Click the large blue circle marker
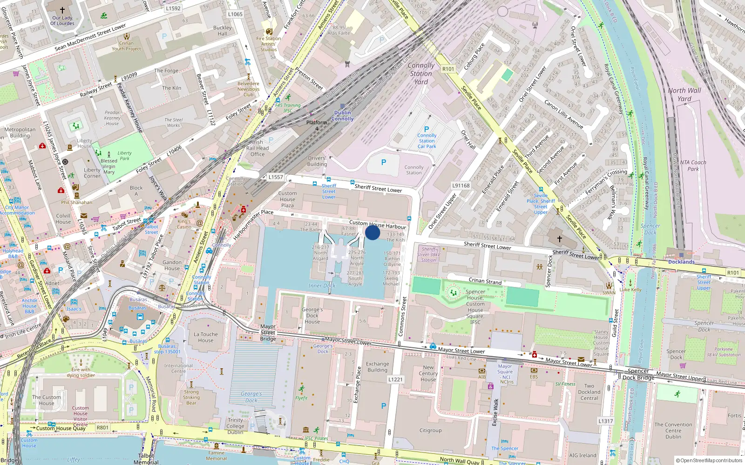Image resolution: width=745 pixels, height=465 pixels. [372, 232]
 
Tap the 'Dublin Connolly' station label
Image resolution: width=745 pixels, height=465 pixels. [342, 116]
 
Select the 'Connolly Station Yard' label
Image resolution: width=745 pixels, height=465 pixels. [421, 73]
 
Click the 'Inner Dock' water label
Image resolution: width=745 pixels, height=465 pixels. [322, 286]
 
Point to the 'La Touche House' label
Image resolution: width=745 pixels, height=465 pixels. [206, 337]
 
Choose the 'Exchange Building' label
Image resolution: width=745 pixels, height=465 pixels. [377, 367]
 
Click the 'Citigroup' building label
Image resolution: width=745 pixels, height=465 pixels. [430, 431]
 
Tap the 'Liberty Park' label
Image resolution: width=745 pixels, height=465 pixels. [124, 155]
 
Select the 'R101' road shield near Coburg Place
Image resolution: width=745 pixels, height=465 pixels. [448, 69]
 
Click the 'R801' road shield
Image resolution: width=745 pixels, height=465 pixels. [102, 428]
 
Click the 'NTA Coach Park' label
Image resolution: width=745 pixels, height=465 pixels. [693, 166]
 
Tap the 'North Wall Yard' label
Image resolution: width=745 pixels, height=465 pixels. [684, 94]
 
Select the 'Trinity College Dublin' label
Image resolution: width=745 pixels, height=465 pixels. [235, 426]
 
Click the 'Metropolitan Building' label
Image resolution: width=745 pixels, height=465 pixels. [20, 133]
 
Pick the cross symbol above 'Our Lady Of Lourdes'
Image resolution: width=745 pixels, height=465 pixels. [62, 10]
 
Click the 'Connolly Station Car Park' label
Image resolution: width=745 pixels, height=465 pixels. [427, 141]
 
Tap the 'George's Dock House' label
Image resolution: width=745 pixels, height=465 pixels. [312, 315]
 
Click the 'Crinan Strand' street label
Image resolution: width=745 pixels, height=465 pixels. [485, 281]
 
